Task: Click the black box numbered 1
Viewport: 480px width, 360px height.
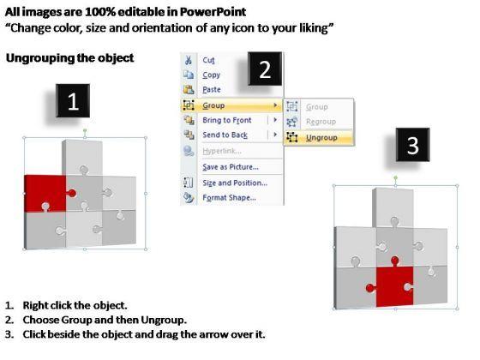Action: [x=73, y=101]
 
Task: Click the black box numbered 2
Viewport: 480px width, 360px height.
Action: [x=265, y=69]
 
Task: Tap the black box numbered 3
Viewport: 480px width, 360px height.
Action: [x=412, y=145]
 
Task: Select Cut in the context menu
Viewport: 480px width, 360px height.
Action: [x=208, y=60]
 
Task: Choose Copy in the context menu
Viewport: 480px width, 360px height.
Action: [x=211, y=75]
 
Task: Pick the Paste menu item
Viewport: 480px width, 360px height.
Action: [x=212, y=90]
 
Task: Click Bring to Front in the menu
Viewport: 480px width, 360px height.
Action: [x=227, y=120]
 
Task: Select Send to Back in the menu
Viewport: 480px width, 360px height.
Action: [x=225, y=135]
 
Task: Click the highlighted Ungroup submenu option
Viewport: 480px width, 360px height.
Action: [x=321, y=138]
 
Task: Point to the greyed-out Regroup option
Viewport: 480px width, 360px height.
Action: [x=321, y=122]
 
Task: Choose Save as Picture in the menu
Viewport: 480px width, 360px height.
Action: [x=231, y=167]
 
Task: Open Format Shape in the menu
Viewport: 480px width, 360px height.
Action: [x=230, y=198]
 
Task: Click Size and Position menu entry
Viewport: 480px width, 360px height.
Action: [x=235, y=183]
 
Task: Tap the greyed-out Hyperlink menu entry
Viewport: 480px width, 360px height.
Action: [x=222, y=151]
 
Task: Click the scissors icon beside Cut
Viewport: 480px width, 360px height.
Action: [x=189, y=60]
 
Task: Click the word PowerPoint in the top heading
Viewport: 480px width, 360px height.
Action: [x=213, y=12]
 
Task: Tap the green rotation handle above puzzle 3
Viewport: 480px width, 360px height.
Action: [x=395, y=178]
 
